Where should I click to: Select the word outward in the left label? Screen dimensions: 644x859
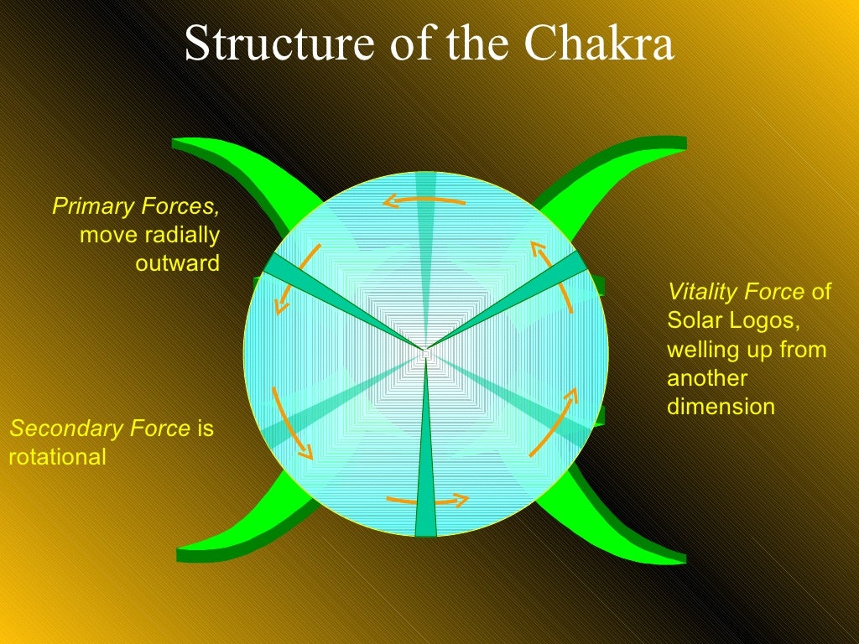click(x=177, y=263)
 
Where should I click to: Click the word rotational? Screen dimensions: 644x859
click(x=58, y=457)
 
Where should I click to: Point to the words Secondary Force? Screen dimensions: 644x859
click(x=100, y=429)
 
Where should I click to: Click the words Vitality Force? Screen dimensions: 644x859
click(x=737, y=292)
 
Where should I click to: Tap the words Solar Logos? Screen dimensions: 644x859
click(x=729, y=320)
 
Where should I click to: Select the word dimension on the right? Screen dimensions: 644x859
click(x=721, y=407)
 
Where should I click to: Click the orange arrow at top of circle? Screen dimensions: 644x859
click(x=424, y=200)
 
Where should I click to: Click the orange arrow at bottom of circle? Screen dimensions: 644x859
click(x=427, y=501)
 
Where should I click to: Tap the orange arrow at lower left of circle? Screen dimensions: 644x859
click(x=290, y=424)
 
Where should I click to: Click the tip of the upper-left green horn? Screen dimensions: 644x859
click(x=177, y=143)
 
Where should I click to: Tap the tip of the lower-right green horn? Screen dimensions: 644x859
click(x=683, y=558)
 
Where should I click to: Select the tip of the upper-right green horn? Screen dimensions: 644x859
click(x=683, y=143)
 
